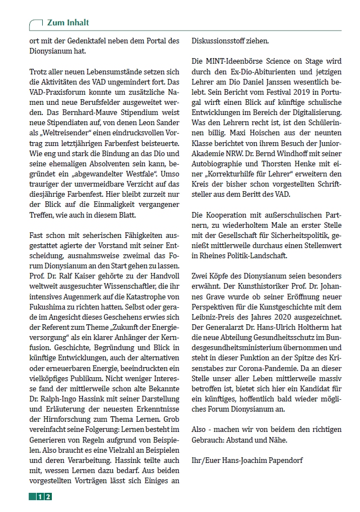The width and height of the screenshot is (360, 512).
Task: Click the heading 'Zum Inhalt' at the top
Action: click(x=69, y=23)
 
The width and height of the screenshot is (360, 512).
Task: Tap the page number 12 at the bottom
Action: click(x=45, y=496)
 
